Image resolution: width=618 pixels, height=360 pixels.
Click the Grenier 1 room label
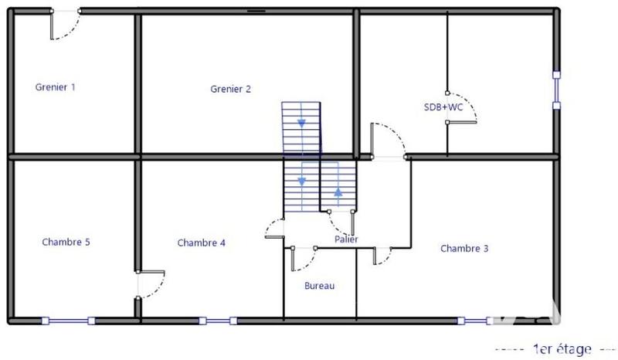coord(56,87)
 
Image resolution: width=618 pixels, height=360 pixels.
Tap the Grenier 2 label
coord(230,89)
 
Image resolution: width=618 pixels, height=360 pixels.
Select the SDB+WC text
coord(443,107)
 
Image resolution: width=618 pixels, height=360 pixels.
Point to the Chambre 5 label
coord(66,242)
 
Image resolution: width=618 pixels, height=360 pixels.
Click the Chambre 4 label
coord(201,243)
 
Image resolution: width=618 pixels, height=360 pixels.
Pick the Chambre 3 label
coord(464,249)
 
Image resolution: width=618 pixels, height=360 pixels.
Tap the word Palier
coord(346,239)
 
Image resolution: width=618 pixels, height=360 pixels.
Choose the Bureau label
coord(319,286)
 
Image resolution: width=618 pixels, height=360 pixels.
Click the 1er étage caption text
coord(561,349)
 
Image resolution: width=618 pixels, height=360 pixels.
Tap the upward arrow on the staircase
coord(338,192)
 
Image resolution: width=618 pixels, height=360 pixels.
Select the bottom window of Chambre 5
coord(68,321)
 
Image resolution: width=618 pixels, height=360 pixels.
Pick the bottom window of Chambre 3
coord(474,321)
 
